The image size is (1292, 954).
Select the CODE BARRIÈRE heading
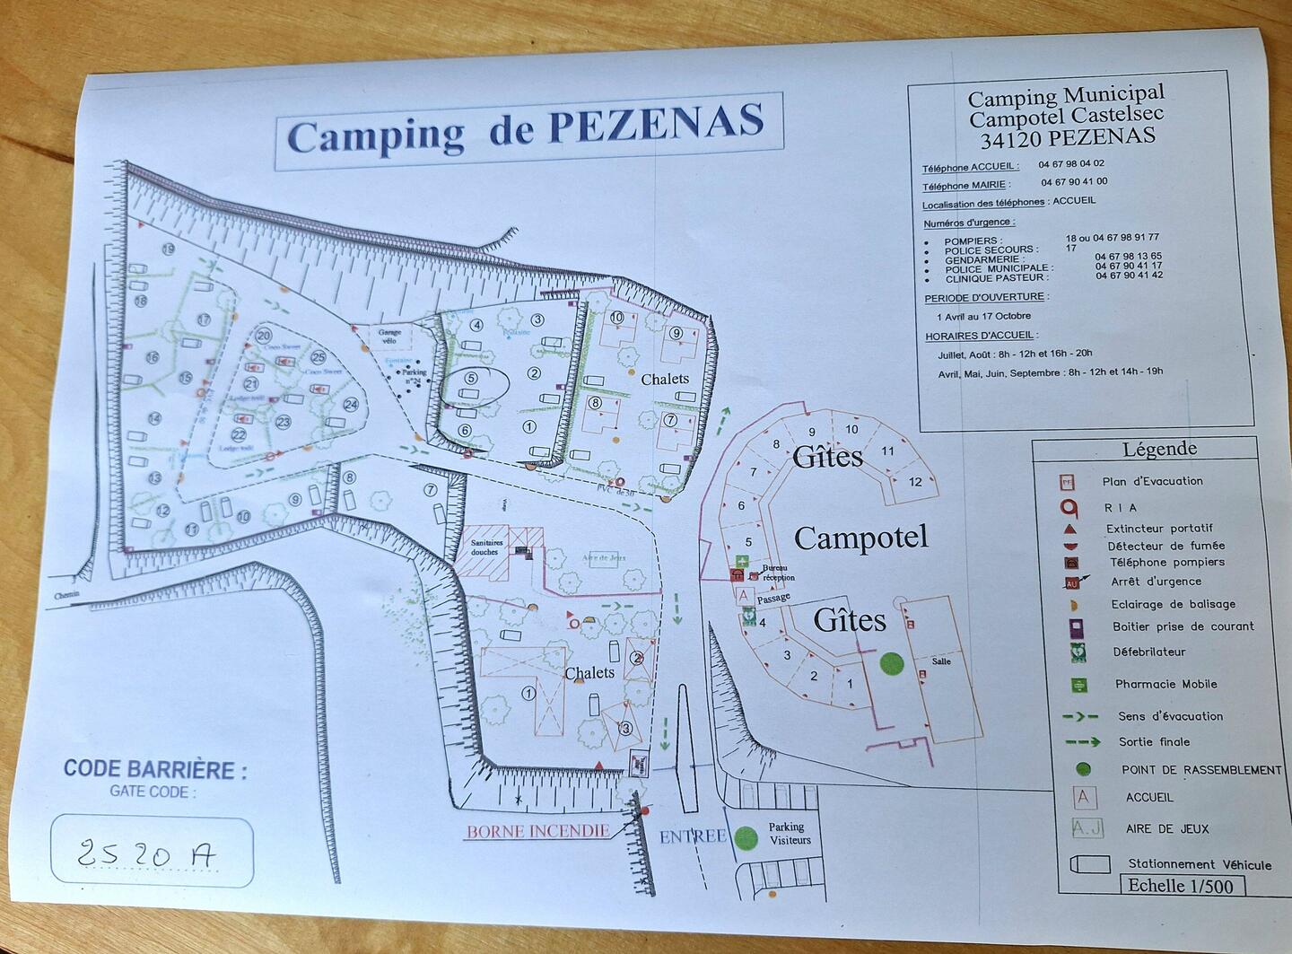pos(154,769)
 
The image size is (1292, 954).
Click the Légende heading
pos(1159,449)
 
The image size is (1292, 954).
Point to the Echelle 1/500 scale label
pos(1180,885)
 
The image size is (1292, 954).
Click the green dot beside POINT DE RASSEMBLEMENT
pos(1083,769)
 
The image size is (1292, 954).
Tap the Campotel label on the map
pos(860,538)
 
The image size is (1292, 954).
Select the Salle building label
pos(940,661)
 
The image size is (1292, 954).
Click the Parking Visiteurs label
pos(789,833)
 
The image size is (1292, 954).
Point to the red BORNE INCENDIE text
pos(537,831)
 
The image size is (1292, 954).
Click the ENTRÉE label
pos(692,836)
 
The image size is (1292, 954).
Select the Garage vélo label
pos(389,336)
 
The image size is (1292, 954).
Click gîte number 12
pos(915,481)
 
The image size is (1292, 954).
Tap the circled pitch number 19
pos(168,249)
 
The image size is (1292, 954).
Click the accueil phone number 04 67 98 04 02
pos(1071,164)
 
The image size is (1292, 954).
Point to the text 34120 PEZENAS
pos(1068,138)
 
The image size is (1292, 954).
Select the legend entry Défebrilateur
pos(1148,652)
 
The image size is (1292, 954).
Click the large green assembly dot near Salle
pos(890,663)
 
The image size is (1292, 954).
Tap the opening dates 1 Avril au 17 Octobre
pos(983,316)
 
